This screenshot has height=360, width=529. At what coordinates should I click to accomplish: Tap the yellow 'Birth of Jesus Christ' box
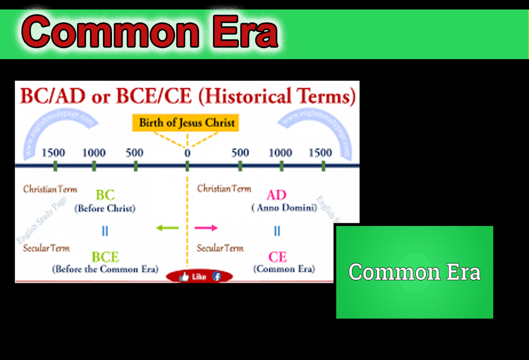point(187,122)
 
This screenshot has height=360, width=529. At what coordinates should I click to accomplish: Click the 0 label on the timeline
point(187,153)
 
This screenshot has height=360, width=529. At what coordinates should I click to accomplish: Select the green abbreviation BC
point(105,195)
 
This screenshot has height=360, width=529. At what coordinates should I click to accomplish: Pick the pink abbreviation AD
point(276,195)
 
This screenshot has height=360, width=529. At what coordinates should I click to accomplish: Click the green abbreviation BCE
point(105,257)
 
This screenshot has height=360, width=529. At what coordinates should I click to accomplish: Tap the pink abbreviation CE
point(277,257)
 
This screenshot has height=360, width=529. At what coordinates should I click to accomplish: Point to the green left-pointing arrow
point(167,228)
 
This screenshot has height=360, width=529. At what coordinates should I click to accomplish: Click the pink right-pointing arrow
point(207,228)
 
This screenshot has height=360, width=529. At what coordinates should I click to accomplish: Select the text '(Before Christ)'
point(105,208)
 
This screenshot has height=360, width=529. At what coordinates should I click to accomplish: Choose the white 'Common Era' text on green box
point(414,272)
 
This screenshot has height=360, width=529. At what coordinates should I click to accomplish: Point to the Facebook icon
point(216,277)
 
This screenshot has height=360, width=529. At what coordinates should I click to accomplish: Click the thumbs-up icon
point(184,277)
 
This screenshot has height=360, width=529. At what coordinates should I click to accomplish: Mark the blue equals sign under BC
point(105,231)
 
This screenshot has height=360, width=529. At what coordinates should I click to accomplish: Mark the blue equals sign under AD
point(277,231)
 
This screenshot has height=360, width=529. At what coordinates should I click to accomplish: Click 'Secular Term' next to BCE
point(46,248)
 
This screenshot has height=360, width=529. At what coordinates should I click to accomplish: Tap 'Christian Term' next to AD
point(224,189)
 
